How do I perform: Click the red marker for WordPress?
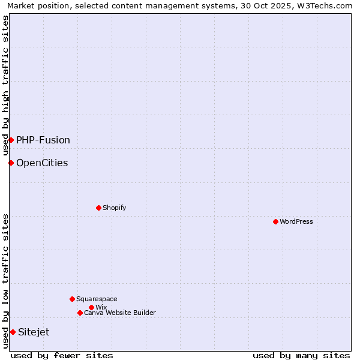[x=275, y=221]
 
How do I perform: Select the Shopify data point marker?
[x=98, y=208]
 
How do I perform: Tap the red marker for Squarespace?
[x=72, y=299]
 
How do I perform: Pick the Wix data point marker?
[x=91, y=307]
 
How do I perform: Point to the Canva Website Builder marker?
[x=80, y=313]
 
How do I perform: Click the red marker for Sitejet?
[x=13, y=332]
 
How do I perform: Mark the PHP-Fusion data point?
[x=11, y=140]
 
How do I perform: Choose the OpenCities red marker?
[x=11, y=163]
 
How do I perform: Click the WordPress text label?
[x=296, y=221]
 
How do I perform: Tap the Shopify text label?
[x=115, y=208]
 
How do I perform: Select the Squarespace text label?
[x=97, y=299]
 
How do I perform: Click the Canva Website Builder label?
[x=120, y=313]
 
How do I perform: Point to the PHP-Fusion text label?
[x=43, y=140]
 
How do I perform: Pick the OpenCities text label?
[x=42, y=163]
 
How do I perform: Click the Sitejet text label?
[x=34, y=332]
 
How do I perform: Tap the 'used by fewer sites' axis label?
[x=62, y=355]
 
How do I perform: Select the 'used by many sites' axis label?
[x=301, y=355]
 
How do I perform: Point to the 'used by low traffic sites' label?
[x=5, y=281]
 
